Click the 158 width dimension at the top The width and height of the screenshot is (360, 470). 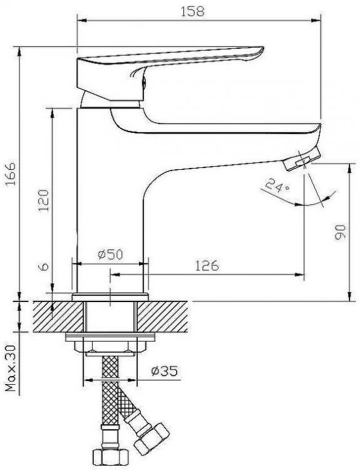(x=192, y=11)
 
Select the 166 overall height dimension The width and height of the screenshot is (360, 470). (x=12, y=174)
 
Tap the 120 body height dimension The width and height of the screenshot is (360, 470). (x=44, y=201)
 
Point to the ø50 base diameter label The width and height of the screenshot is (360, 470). (x=110, y=254)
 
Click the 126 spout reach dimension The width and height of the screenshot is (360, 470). (x=207, y=266)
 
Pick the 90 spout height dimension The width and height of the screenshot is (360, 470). (x=340, y=231)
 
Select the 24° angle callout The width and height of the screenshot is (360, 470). (x=277, y=186)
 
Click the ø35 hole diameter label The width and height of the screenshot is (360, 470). (x=164, y=371)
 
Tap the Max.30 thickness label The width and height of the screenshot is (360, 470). (x=11, y=368)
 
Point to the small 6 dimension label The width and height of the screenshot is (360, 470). (x=44, y=267)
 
